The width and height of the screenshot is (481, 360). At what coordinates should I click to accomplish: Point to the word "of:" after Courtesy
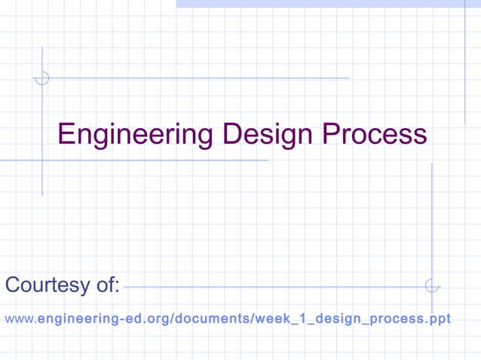[x=107, y=285]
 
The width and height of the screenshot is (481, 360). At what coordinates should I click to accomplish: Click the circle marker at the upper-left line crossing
[x=42, y=78]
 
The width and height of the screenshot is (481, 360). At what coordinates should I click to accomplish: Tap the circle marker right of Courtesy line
[x=431, y=285]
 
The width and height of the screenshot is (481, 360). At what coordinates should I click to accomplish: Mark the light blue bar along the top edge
[x=328, y=4]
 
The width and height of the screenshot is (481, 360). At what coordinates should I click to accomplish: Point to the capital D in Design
[x=231, y=135]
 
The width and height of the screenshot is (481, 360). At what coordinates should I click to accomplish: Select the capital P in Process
[x=331, y=135]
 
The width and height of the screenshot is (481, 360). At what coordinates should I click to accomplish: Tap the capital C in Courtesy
[x=13, y=285]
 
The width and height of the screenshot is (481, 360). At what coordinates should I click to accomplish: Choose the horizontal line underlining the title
[x=136, y=160]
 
